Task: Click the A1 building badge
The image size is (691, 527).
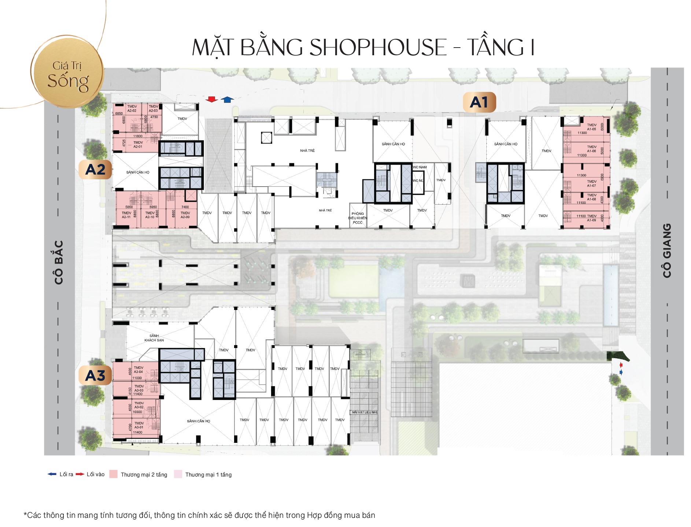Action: click(479, 102)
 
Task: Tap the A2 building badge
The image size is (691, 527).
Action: click(95, 169)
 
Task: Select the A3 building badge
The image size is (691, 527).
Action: click(95, 375)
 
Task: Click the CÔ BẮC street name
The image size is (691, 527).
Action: click(59, 262)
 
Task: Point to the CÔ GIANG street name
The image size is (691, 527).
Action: click(667, 250)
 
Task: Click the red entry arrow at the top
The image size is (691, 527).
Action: click(211, 99)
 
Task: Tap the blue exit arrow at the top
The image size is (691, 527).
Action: click(227, 99)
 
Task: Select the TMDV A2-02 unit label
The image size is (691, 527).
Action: click(132, 109)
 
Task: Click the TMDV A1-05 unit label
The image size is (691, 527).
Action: click(591, 127)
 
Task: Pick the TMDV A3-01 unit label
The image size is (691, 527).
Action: click(139, 425)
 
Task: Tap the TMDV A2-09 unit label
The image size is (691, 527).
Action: click(185, 215)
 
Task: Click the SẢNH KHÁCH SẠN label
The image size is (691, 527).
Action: click(154, 338)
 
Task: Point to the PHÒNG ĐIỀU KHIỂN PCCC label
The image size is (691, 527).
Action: click(358, 218)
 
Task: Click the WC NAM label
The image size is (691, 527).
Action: click(420, 167)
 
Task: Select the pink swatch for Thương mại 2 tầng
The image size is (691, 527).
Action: click(114, 474)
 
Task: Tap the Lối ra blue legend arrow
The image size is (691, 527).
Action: click(52, 474)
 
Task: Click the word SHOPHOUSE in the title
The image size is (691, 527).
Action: click(378, 48)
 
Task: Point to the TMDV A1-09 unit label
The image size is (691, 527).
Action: click(591, 218)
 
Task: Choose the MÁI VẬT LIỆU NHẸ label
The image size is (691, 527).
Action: click(365, 412)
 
